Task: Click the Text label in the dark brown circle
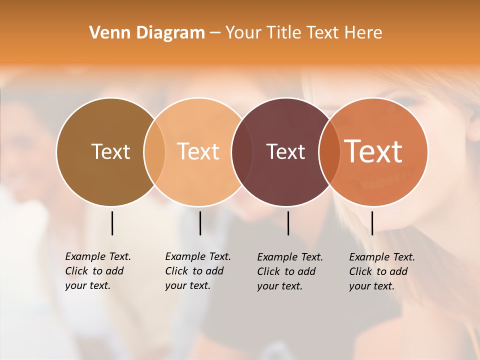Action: pyautogui.click(x=110, y=151)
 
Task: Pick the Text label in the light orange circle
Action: pyautogui.click(x=198, y=151)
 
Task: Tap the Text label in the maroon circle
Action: pyautogui.click(x=285, y=151)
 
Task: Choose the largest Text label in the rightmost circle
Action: pyautogui.click(x=373, y=151)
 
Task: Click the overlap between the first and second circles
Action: pyautogui.click(x=154, y=151)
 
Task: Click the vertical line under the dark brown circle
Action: pyautogui.click(x=112, y=223)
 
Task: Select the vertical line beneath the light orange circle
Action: pyautogui.click(x=200, y=223)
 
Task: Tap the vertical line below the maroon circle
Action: pyautogui.click(x=288, y=223)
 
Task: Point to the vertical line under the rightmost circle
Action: pyautogui.click(x=372, y=223)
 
